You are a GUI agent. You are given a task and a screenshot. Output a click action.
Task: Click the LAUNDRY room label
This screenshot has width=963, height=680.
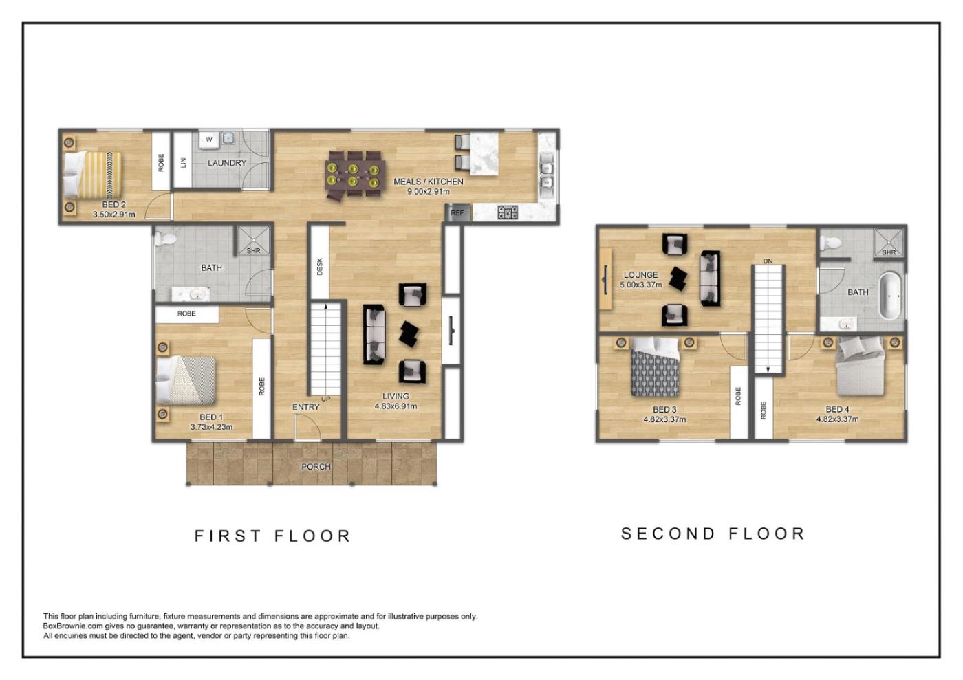(x=227, y=163)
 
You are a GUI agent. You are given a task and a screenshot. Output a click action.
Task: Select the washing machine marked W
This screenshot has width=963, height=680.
(x=209, y=140)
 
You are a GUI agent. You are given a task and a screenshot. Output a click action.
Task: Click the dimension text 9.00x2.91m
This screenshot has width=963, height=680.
(x=429, y=192)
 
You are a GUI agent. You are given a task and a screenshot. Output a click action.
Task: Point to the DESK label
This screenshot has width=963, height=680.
(x=319, y=267)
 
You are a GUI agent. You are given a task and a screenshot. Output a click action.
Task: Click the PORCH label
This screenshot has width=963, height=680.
(x=316, y=466)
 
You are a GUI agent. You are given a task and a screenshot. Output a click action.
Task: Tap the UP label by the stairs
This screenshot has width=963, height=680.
(x=326, y=399)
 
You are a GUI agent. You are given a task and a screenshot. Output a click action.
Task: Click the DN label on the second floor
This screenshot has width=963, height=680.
(x=768, y=261)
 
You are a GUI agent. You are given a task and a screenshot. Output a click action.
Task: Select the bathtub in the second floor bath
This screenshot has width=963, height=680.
(x=890, y=296)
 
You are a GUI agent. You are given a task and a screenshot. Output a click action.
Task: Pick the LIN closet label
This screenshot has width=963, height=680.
(x=184, y=163)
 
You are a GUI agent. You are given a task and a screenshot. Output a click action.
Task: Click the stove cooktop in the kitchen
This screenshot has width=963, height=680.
(x=508, y=212)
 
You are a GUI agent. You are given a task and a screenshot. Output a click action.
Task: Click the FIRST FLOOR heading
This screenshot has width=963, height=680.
(x=273, y=536)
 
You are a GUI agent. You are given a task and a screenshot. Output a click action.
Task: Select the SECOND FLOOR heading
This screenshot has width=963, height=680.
(x=713, y=534)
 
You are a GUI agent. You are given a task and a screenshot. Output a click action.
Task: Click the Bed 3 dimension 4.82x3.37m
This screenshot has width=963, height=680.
(x=664, y=419)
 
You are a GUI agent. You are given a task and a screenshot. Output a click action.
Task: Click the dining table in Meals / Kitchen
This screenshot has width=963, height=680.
(x=353, y=175)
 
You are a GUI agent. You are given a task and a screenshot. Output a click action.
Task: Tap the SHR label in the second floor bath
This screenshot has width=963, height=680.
(x=889, y=252)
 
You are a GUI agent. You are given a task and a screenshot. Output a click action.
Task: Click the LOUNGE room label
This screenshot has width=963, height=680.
(x=640, y=274)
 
